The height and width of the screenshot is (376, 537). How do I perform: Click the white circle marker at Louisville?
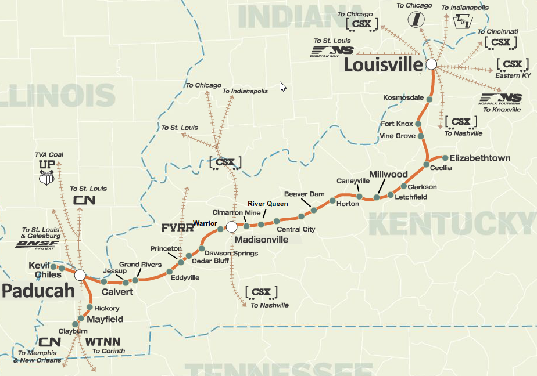coord(431,64)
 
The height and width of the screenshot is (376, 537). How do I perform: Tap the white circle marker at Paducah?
coord(80,274)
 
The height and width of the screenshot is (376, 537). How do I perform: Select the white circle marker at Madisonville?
coord(231,226)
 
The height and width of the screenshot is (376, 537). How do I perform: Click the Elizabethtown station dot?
coord(445,158)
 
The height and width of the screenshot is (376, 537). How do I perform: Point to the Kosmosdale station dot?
coord(429,99)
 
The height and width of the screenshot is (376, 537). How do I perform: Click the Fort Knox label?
coord(397,124)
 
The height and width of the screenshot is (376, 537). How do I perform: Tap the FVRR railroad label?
coord(177,227)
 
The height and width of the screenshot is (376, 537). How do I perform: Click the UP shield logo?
coord(47,173)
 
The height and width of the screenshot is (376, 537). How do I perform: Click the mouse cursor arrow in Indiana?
coord(282,86)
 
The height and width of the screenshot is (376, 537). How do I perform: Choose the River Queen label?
coord(268,204)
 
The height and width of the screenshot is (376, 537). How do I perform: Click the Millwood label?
coord(388,174)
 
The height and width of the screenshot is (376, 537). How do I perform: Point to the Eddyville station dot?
coord(170,272)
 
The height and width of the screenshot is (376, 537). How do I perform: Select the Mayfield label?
coord(105,320)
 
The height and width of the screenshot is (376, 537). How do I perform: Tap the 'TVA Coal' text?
coord(49,155)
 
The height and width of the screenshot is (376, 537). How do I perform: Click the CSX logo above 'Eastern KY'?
coord(513,64)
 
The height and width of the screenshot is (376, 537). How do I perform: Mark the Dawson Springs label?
coord(232,253)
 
